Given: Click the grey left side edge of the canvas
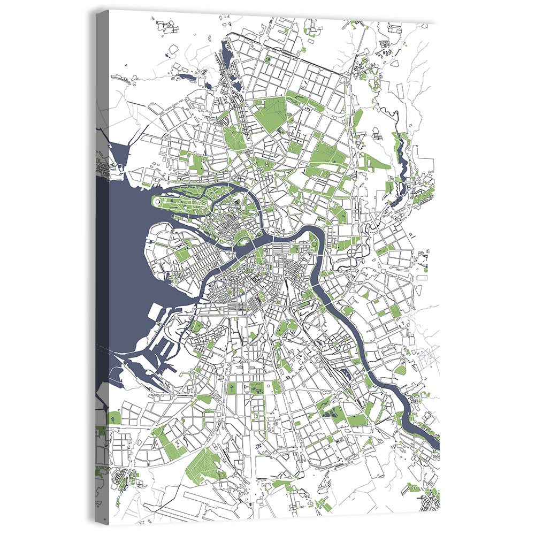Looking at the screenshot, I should [x=102, y=267].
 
